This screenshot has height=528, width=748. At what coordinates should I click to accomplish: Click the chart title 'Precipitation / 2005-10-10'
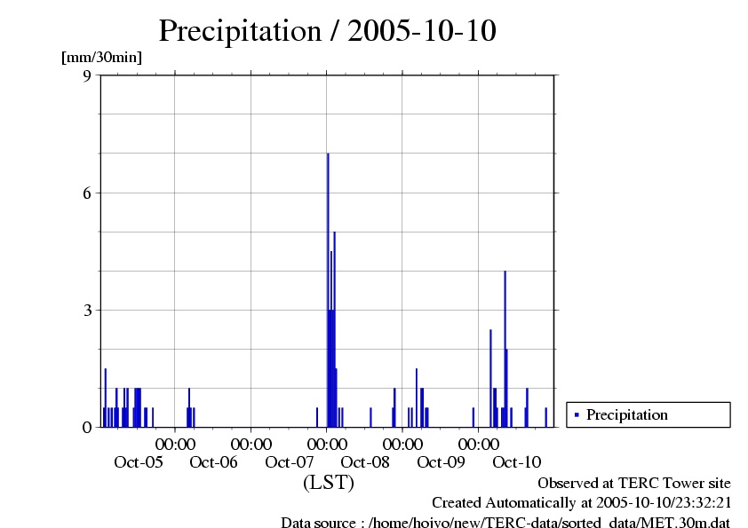tap(327, 30)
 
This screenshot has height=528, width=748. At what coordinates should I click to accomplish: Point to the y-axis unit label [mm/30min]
tap(101, 58)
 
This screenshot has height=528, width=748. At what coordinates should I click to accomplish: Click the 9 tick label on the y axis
tap(87, 75)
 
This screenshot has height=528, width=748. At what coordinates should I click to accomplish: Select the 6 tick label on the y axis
tap(87, 193)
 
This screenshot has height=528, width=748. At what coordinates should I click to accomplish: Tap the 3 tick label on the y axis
tap(87, 310)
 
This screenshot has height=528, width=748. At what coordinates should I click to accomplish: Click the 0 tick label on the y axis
tap(87, 427)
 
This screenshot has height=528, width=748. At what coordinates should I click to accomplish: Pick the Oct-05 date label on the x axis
tap(139, 461)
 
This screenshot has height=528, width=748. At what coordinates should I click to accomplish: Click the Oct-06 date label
tap(214, 461)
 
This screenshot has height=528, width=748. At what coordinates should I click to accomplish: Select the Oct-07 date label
tap(290, 461)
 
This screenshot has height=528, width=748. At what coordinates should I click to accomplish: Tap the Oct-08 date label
tap(365, 461)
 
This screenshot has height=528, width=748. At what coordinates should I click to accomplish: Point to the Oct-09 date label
tap(441, 461)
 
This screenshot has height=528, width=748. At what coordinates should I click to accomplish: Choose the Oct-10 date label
tap(516, 461)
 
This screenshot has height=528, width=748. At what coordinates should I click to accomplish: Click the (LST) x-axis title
tap(328, 483)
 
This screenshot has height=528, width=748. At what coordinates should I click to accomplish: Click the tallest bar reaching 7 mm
tap(328, 284)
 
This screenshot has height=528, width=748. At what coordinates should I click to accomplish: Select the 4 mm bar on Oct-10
tap(505, 355)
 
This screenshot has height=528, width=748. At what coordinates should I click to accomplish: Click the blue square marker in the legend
tap(577, 414)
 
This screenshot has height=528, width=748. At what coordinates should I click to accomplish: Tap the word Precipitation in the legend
tap(626, 414)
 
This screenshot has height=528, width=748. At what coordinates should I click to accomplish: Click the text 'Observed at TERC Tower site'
tap(634, 483)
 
